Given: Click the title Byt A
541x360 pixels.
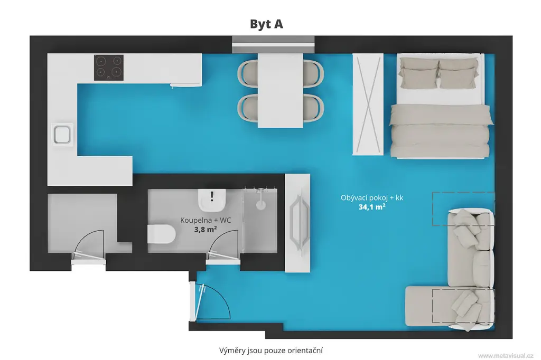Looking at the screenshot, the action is point(266,24).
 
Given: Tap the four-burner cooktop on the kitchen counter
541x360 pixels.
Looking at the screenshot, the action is point(109,68).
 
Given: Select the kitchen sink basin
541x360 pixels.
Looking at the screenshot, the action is point(62,135).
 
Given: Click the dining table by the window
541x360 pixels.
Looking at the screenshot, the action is point(280,90).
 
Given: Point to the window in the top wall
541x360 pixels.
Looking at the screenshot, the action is point(273,44).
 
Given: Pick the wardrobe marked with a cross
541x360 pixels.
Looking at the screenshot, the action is point(368,104).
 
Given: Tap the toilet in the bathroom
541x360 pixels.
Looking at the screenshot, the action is point(162,234).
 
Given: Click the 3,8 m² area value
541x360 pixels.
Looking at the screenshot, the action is point(206,229).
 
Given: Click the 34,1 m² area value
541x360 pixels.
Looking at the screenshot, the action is point(371,207).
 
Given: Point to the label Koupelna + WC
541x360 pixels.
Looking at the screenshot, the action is point(206,220).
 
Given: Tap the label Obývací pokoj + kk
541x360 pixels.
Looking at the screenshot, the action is point(372,198).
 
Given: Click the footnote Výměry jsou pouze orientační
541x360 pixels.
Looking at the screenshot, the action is point(271,350).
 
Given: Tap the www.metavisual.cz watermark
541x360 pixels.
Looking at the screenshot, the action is point(506,356).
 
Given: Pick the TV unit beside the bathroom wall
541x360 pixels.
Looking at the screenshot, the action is point(297,223).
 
